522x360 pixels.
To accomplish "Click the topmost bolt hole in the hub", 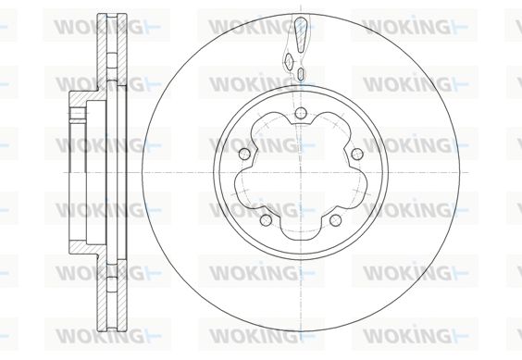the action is tap(301, 113).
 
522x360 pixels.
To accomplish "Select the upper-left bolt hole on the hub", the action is tap(244, 154).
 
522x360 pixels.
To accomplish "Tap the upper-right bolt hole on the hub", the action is tap(357, 154).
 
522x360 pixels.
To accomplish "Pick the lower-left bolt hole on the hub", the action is tap(266, 220).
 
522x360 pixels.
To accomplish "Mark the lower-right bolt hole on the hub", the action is tap(335, 220).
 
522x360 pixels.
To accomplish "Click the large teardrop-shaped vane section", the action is tap(300, 34).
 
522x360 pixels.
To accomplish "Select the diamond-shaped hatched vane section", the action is tap(289, 60).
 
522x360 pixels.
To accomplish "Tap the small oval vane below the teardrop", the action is tap(301, 73).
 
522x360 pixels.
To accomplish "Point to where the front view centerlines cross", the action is tap(301, 172).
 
